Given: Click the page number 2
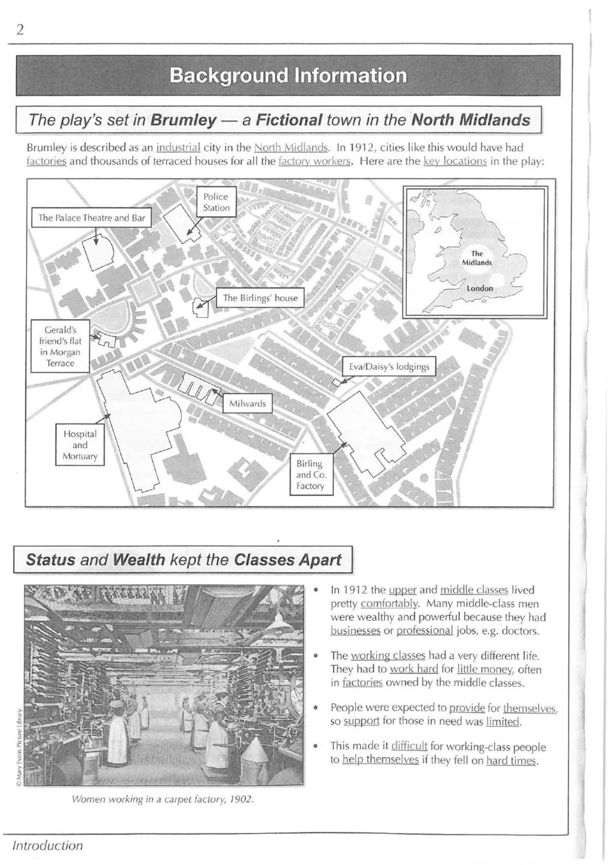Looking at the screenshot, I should click(20, 30).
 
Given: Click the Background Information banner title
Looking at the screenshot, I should click(288, 75).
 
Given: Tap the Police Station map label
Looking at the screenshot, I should click(216, 202).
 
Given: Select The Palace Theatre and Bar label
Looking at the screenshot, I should click(91, 218).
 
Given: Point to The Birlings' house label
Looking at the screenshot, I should click(260, 298).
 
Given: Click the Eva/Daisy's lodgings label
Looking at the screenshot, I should click(389, 366).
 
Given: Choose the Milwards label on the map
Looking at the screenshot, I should click(247, 404).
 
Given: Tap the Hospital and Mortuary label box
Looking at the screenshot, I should click(80, 445).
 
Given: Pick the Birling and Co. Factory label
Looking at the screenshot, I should click(311, 475).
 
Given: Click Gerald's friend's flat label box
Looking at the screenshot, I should click(60, 346).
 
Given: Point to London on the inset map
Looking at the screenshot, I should click(479, 289).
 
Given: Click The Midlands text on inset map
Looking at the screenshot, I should click(477, 258).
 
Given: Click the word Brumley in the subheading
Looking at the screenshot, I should click(184, 120).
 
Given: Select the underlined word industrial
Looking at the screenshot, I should click(178, 147).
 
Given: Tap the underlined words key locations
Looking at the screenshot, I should click(454, 161).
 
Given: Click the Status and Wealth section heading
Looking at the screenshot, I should click(183, 560).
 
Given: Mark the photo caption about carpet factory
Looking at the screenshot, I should click(163, 799).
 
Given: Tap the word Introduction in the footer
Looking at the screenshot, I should click(48, 845).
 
